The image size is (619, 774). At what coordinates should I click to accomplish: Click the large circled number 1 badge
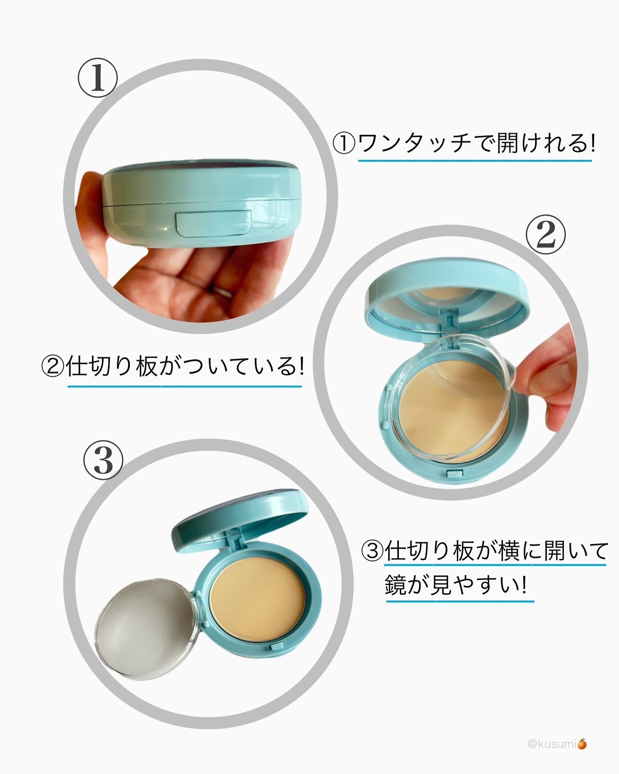pos(97,78)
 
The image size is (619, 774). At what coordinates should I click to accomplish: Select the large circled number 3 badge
pos(103,460)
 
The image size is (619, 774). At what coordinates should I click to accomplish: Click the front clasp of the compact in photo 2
pos(454,474)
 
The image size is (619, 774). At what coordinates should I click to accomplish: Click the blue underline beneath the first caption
pos(475,161)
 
